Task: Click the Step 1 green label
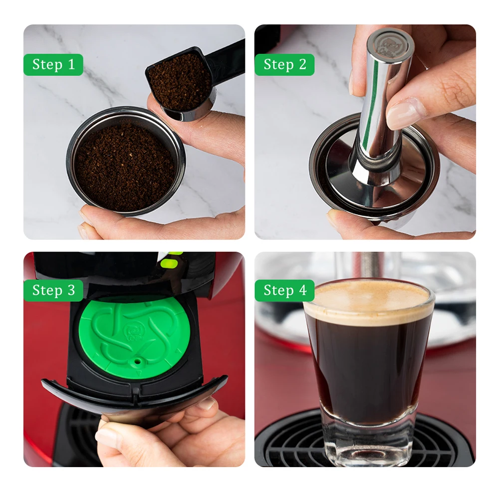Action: [53, 64]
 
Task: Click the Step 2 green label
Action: [284, 64]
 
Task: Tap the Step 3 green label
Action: [53, 290]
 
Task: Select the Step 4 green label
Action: [284, 290]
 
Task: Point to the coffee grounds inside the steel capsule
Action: [125, 160]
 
